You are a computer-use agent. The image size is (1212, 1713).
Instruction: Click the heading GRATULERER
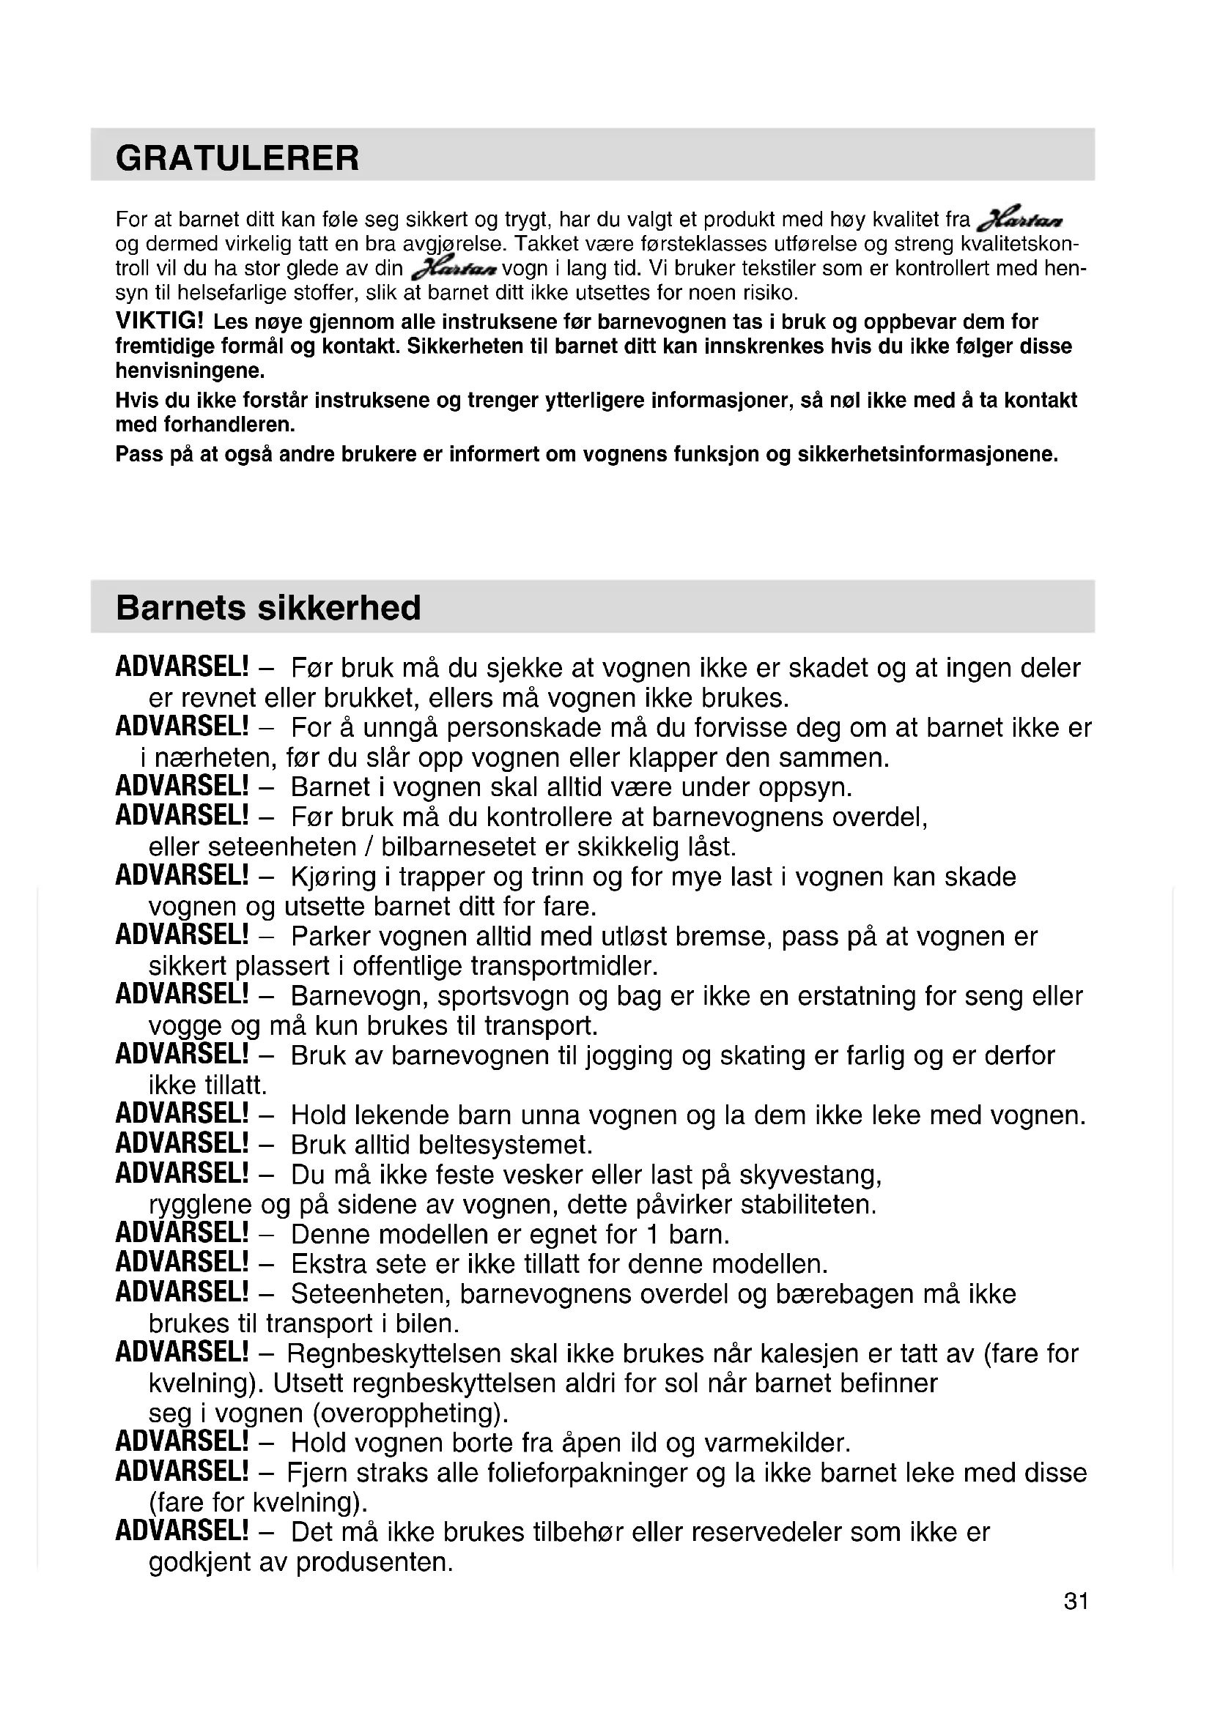[237, 158]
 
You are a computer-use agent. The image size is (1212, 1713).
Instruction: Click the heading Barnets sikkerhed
[268, 608]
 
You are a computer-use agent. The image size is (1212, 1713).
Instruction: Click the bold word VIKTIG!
[159, 322]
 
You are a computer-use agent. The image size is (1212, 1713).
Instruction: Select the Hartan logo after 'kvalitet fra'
[1019, 220]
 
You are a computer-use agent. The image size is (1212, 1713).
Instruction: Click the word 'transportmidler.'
[565, 966]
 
